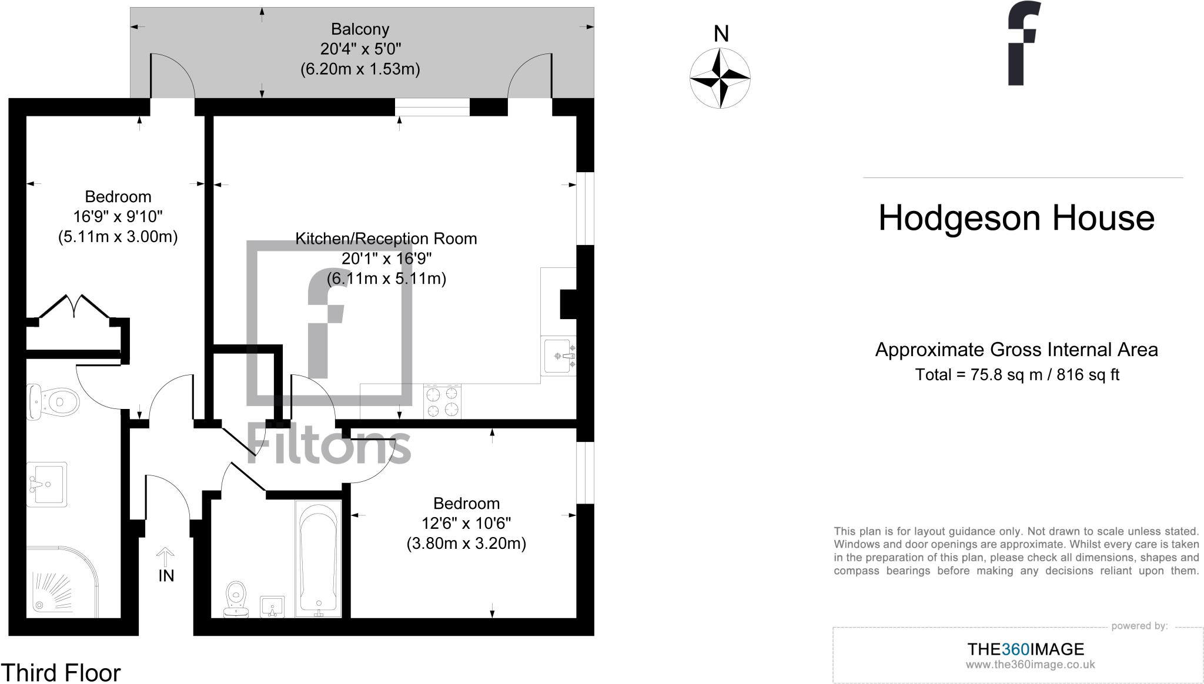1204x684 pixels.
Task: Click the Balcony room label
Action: (360, 29)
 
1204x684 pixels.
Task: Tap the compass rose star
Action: (720, 78)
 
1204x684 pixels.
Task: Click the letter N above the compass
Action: (721, 34)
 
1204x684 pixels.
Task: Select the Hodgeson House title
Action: (1016, 218)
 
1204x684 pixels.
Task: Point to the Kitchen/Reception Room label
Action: (386, 239)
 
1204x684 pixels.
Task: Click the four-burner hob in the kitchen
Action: (442, 401)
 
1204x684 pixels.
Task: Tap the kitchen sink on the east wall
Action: (558, 356)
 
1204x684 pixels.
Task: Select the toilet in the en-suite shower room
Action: (55, 402)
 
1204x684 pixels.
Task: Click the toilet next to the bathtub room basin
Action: (236, 599)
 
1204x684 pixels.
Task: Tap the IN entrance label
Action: (166, 576)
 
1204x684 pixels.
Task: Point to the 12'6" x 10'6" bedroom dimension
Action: (466, 523)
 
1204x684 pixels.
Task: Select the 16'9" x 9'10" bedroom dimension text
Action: (118, 217)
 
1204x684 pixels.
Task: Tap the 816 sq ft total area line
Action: (1016, 374)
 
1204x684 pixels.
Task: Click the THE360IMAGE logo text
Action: (1025, 649)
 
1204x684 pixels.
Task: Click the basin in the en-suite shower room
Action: (48, 484)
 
